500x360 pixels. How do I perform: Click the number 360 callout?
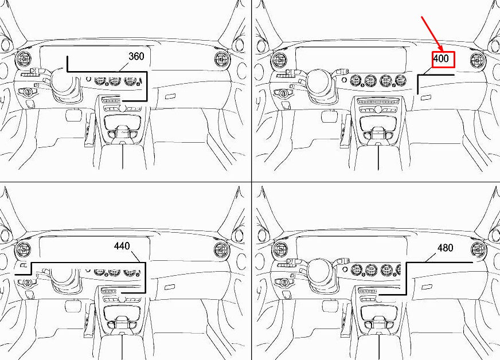point(136,56)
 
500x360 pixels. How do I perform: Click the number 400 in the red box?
point(441,58)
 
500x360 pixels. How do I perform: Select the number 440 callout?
point(122,246)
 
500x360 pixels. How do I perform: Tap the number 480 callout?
point(445,248)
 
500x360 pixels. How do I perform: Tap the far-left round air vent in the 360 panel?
point(23,58)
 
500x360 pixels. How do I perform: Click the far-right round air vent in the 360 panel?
point(222,59)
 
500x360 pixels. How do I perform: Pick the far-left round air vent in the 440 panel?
point(23,250)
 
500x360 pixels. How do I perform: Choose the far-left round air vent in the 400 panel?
point(279,59)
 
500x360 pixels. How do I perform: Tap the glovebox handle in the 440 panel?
point(171,287)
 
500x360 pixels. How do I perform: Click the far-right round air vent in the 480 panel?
point(478,251)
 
